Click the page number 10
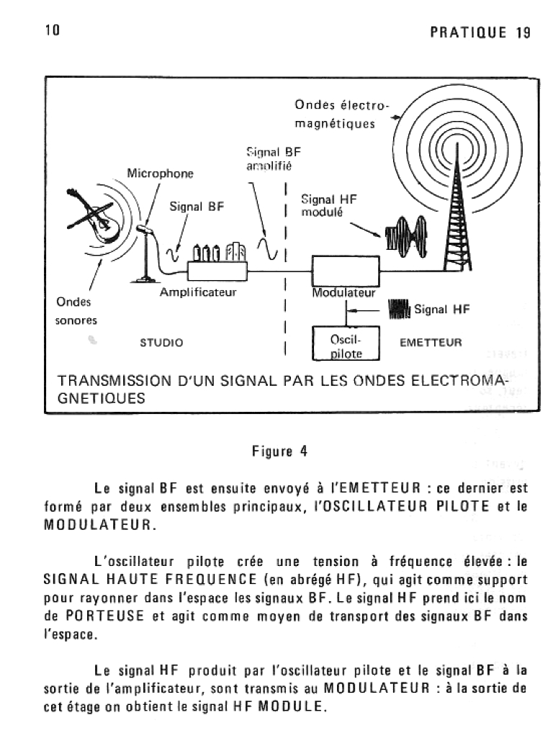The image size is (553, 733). coord(51,30)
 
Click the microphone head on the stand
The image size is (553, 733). coord(144,230)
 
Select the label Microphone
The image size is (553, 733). coord(161,174)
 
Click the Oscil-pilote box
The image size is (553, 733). coord(346,345)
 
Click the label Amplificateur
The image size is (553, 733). coord(198,293)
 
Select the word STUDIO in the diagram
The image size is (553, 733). coord(161,342)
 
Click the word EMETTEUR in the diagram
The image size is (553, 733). coord(431,342)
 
